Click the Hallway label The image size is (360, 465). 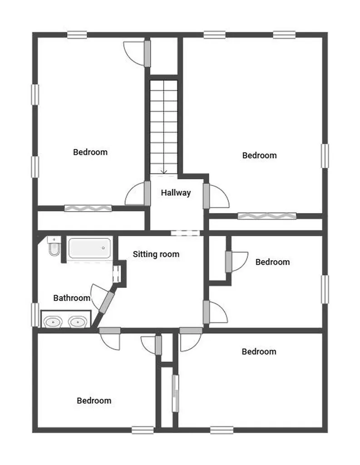tap(176, 193)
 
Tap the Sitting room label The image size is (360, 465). tap(156, 254)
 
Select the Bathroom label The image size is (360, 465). tap(72, 298)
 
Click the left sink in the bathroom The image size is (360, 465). tap(53, 322)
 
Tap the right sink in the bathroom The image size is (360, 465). tap(77, 322)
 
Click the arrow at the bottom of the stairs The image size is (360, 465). tap(163, 171)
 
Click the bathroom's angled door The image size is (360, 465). tap(107, 302)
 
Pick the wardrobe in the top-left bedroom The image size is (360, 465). tap(88, 208)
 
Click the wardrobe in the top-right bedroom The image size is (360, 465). tap(267, 216)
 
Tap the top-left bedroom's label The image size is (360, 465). tap(90, 152)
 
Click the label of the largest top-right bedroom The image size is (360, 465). tap(259, 156)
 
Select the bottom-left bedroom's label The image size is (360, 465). tap(94, 401)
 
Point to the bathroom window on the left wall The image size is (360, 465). tap(35, 315)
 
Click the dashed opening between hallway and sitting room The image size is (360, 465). tap(185, 233)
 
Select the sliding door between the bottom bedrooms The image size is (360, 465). tap(176, 393)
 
